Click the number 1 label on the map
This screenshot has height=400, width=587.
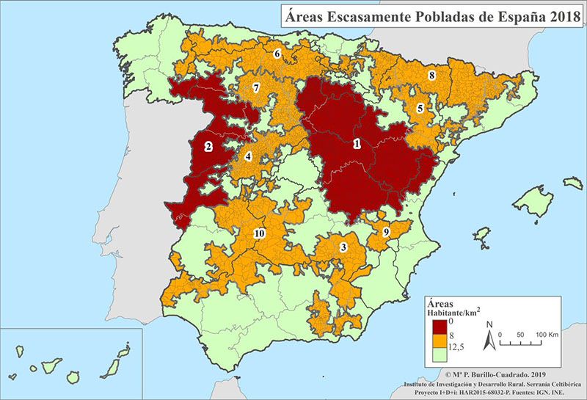357,144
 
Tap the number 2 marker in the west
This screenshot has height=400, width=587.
208,146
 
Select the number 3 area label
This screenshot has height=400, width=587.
343,247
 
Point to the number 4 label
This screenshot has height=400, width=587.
248,156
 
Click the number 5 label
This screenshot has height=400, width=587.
420,108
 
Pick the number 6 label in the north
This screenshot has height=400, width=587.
277,54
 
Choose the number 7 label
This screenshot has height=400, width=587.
255,88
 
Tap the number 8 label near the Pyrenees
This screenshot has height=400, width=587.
432,75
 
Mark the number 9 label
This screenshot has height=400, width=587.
385,232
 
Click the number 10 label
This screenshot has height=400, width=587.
258,233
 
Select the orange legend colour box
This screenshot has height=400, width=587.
439,341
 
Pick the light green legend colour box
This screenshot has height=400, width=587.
439,356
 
